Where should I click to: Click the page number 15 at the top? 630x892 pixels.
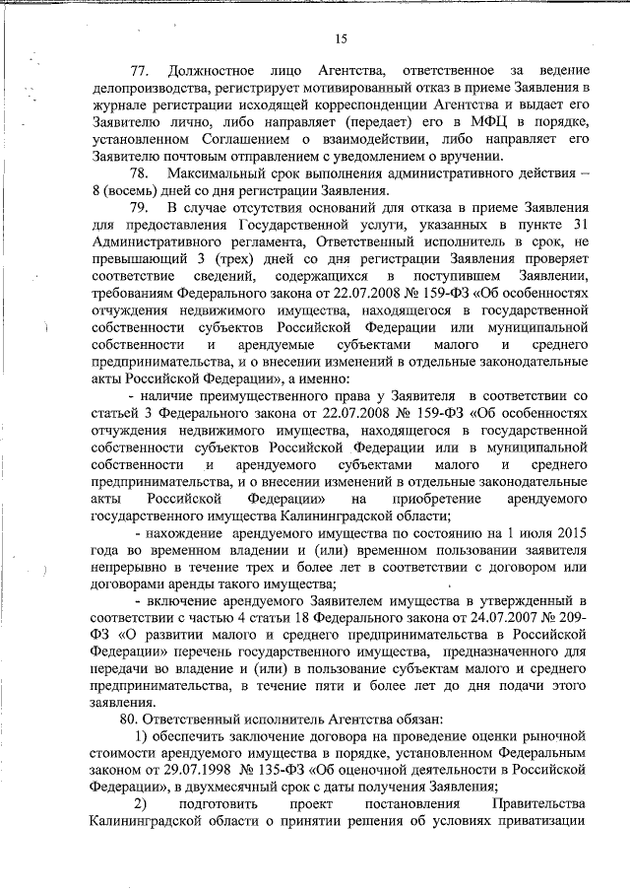coord(341,38)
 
